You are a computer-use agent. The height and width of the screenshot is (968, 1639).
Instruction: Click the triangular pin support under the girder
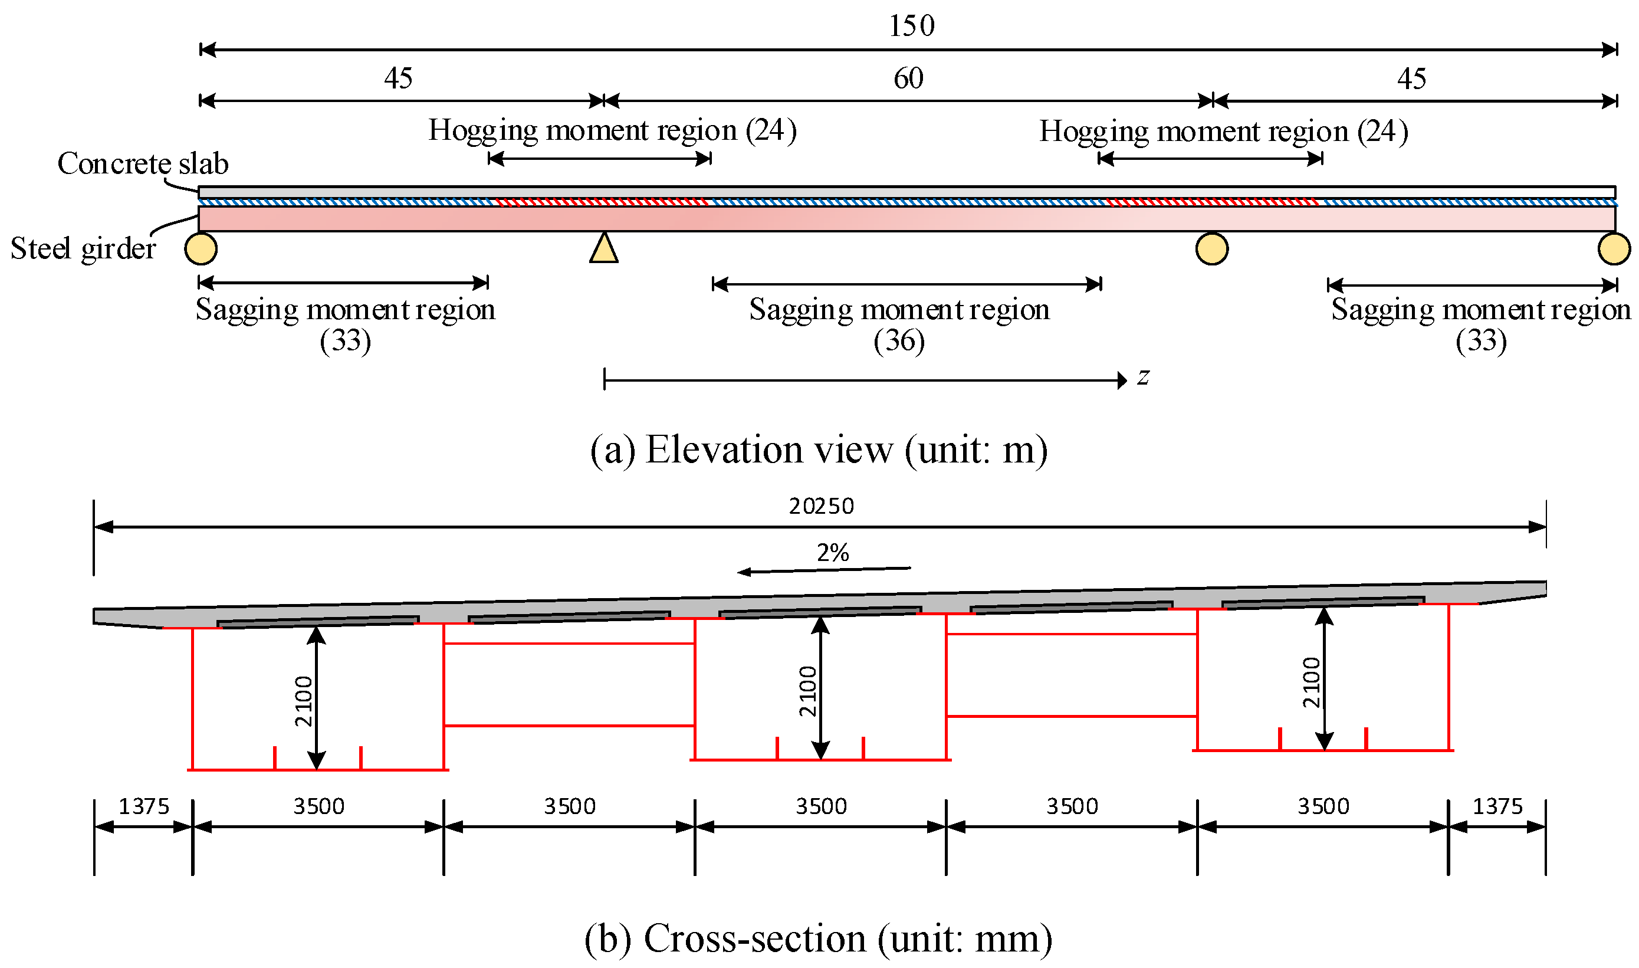603,248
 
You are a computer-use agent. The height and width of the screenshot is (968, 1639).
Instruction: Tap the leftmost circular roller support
201,248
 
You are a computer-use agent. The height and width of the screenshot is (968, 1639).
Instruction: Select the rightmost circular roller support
1614,248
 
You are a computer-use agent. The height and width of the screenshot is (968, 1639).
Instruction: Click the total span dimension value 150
911,25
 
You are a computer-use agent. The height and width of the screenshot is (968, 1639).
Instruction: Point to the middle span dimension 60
908,78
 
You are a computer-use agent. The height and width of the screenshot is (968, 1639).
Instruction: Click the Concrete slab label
143,163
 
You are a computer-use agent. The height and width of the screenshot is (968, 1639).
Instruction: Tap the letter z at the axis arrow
1142,376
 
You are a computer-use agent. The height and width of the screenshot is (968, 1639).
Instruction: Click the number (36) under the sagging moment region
899,340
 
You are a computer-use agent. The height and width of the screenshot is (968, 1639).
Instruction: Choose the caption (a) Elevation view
819,449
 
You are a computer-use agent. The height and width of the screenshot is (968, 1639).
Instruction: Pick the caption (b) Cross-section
818,939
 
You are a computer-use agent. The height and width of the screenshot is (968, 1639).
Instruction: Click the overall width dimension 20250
821,506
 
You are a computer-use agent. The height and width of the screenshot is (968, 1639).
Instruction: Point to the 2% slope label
832,553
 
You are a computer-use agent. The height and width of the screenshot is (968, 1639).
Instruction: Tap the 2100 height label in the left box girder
303,701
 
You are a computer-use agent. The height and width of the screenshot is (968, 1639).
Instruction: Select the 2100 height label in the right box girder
1311,682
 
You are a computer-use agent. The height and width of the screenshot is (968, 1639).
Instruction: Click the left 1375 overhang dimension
143,806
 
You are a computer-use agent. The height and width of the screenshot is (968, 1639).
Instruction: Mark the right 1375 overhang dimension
1497,806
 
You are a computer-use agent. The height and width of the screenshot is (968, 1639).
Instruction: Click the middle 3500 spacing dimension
820,806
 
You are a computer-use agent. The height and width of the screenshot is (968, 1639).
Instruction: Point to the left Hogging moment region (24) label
612,130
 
